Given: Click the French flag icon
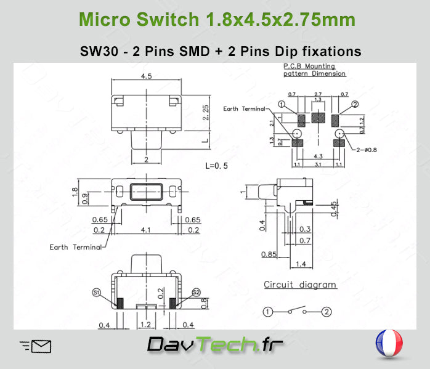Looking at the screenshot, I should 389,344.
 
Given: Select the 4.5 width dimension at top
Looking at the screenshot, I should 147,77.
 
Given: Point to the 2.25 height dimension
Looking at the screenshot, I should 206,112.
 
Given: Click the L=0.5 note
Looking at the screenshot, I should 216,166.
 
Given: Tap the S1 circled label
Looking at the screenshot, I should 97,292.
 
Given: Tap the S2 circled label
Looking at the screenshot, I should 196,292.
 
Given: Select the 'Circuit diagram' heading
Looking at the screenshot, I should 300,285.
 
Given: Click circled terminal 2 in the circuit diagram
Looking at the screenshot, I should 327,312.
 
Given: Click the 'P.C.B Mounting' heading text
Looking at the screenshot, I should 309,66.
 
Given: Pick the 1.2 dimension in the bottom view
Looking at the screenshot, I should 146,324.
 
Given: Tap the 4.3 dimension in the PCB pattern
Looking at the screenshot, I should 318,157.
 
